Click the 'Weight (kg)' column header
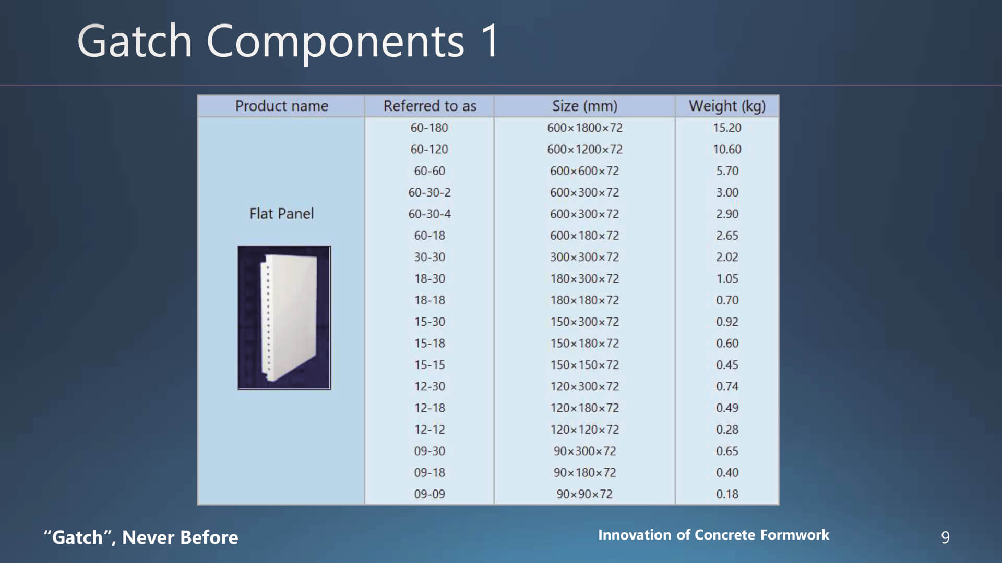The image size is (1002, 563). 727,106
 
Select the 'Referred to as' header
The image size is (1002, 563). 430,106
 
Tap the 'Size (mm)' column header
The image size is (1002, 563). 584,106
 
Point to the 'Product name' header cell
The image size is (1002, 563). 281,106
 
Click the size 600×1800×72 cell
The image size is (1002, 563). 584,128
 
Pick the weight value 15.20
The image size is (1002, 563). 727,128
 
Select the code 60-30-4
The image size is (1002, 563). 430,214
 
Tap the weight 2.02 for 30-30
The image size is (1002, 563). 727,257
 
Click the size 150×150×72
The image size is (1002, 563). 584,365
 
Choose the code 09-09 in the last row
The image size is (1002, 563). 430,494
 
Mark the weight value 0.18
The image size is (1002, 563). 727,494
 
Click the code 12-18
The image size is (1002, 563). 430,408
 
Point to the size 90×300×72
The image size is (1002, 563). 584,451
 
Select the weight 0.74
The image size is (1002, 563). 727,386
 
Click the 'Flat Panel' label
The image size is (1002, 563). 281,214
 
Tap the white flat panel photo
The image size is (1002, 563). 284,318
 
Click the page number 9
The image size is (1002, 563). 945,537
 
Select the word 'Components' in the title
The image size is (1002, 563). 335,42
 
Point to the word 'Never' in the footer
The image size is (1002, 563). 148,537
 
